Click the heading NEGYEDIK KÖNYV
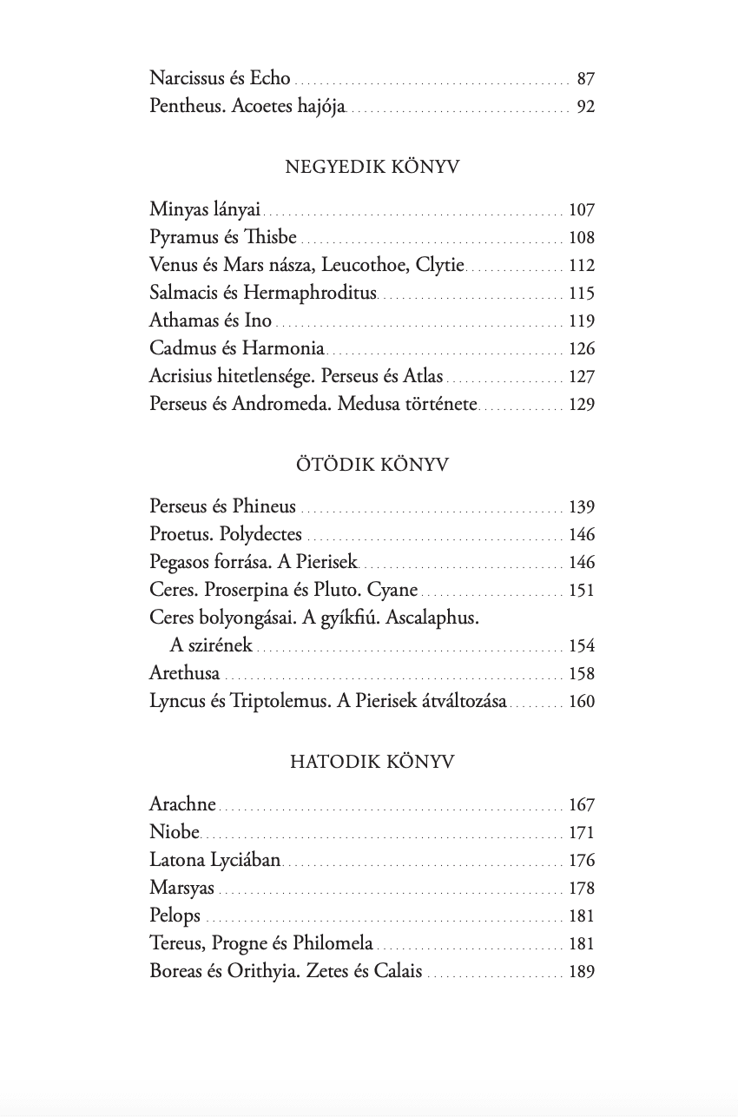pos(372,168)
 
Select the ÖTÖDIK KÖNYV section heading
pos(372,465)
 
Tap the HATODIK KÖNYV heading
pos(372,763)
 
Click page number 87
pos(585,80)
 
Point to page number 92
pos(585,108)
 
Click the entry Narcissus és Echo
pos(220,79)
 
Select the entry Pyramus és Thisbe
pos(223,237)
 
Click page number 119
pos(582,321)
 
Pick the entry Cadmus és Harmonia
pos(237,349)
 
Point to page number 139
pos(582,507)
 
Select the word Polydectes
pos(260,535)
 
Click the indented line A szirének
pos(211,645)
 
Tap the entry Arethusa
pos(184,674)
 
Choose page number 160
pos(582,702)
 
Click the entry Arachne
pos(182,805)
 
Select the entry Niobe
pos(175,833)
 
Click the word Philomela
pos(333,944)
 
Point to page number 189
pos(582,972)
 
